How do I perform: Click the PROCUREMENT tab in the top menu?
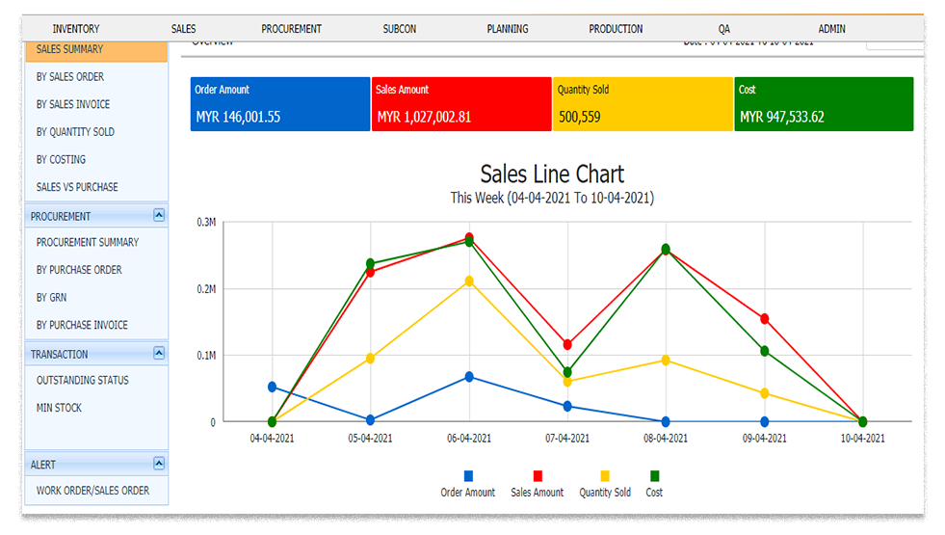(291, 29)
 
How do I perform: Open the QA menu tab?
(723, 29)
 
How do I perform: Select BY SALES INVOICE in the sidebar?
(73, 104)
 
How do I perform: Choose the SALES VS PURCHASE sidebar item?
(77, 187)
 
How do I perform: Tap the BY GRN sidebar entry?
(52, 298)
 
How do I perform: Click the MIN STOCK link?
(59, 408)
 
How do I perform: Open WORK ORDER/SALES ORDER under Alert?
(92, 491)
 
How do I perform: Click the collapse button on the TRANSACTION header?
(159, 354)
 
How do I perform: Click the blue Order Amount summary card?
(279, 104)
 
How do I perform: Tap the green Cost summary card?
(824, 104)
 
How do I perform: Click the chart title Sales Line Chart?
(552, 174)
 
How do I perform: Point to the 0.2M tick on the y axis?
(206, 288)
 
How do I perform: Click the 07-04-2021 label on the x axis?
(566, 439)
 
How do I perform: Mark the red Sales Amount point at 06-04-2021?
(469, 237)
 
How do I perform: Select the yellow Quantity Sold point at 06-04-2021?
(469, 281)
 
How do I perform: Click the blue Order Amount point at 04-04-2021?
(273, 387)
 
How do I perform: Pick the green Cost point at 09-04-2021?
(764, 351)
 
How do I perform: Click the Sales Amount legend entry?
(538, 492)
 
